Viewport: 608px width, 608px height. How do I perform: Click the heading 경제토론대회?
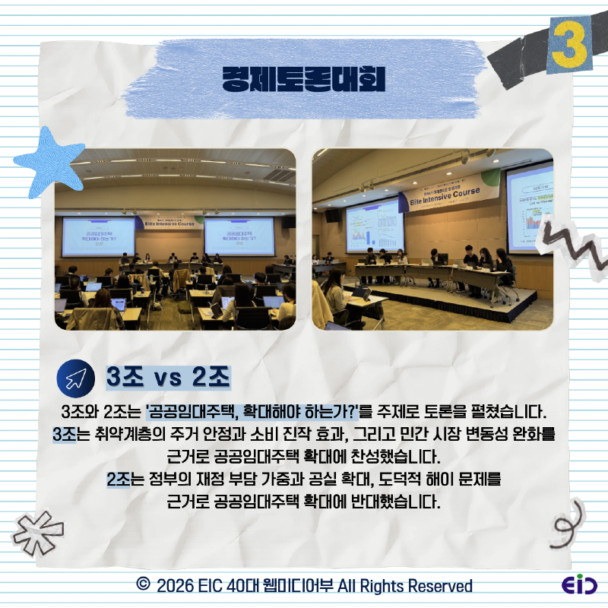coord(304,78)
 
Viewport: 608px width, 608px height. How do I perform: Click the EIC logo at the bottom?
coord(579,585)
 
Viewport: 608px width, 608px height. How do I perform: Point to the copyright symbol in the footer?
coord(141,585)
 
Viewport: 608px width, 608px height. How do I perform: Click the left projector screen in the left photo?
coord(98,236)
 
